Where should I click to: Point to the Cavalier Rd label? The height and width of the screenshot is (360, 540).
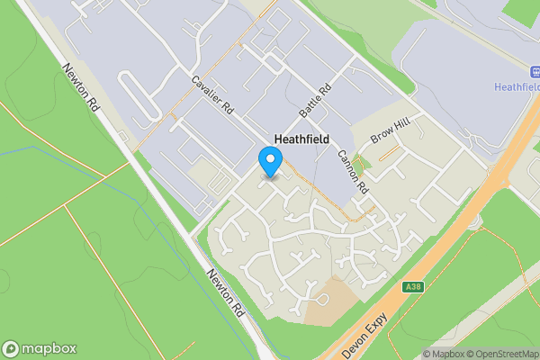click(x=212, y=94)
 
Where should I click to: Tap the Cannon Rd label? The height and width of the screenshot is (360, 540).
click(x=354, y=171)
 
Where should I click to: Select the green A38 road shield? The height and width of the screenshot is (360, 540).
click(x=412, y=287)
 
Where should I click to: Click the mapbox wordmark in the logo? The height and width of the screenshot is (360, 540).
click(x=49, y=349)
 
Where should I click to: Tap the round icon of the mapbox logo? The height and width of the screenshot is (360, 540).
click(x=11, y=349)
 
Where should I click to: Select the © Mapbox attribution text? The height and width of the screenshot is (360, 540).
click(x=443, y=354)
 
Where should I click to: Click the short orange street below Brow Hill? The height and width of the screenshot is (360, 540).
click(x=389, y=154)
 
